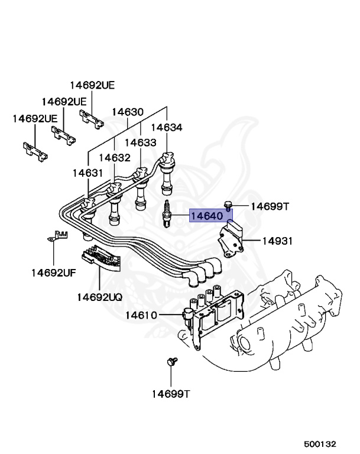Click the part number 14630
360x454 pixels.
(127, 112)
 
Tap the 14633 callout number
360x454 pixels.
(140, 142)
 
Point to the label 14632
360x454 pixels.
(114, 158)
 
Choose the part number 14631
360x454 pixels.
(88, 173)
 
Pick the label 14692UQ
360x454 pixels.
(99, 297)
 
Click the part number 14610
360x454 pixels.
(141, 315)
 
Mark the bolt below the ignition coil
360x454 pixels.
(172, 362)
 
